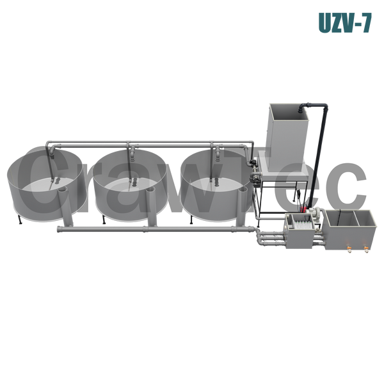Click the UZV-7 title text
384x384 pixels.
coord(345,22)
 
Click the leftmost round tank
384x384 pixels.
coord(47,186)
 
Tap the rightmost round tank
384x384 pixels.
coord(217,186)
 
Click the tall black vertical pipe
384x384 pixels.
coord(318,157)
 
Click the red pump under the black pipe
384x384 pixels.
coord(303,209)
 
